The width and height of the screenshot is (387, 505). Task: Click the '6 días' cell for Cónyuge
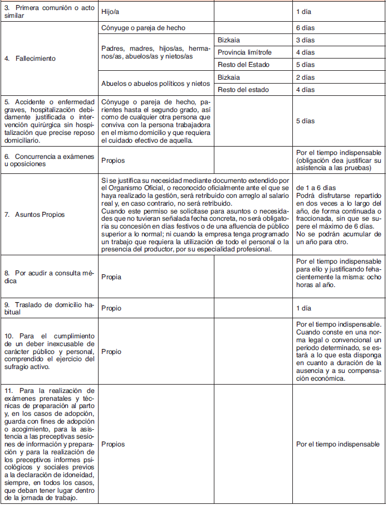[306, 28]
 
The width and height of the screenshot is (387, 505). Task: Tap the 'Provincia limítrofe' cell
[244, 52]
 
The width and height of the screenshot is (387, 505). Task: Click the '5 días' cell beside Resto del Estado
[306, 65]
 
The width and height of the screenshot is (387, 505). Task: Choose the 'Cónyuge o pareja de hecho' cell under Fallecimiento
[143, 28]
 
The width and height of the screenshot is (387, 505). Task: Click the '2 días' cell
[306, 77]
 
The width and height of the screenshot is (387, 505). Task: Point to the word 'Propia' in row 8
[111, 277]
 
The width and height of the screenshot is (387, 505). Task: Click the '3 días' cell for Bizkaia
[306, 40]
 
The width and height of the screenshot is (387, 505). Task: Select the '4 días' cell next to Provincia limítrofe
[306, 52]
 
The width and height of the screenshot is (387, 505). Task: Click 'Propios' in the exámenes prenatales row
[113, 444]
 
